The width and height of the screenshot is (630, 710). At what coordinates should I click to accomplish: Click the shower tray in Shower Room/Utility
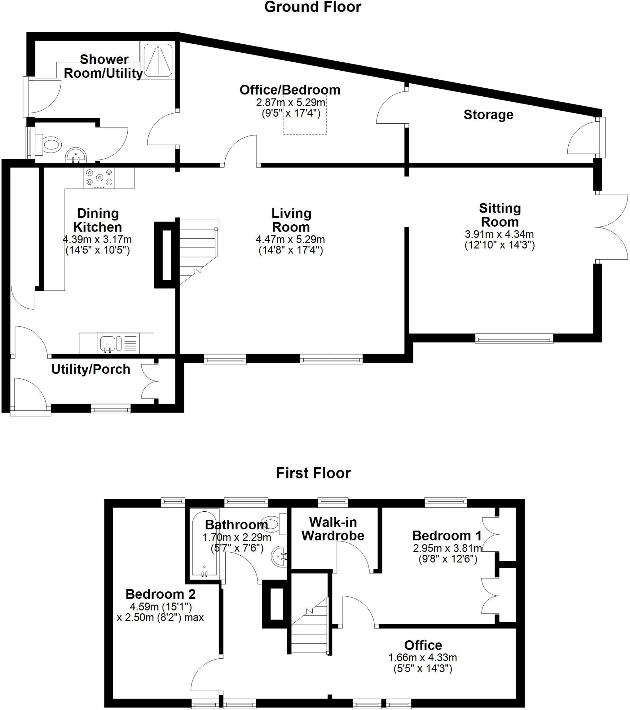(158, 61)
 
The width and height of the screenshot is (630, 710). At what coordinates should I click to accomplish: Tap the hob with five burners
(100, 177)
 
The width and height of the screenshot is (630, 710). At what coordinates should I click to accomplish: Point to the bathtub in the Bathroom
(205, 544)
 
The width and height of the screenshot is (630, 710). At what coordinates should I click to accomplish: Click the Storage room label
(488, 115)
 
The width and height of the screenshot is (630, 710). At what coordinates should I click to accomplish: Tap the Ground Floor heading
(313, 7)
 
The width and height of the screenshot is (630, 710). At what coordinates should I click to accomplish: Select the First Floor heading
(313, 473)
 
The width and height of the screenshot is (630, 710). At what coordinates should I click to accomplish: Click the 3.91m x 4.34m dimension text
(499, 234)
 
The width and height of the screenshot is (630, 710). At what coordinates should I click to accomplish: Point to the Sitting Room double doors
(612, 227)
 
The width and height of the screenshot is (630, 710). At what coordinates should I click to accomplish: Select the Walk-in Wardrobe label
(333, 529)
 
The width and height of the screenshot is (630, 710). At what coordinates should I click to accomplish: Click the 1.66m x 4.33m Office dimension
(422, 658)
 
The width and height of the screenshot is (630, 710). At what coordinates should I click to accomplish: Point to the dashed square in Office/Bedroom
(305, 114)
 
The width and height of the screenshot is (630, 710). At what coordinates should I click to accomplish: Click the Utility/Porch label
(91, 369)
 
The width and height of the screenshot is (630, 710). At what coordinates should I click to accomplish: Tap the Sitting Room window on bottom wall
(514, 338)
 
